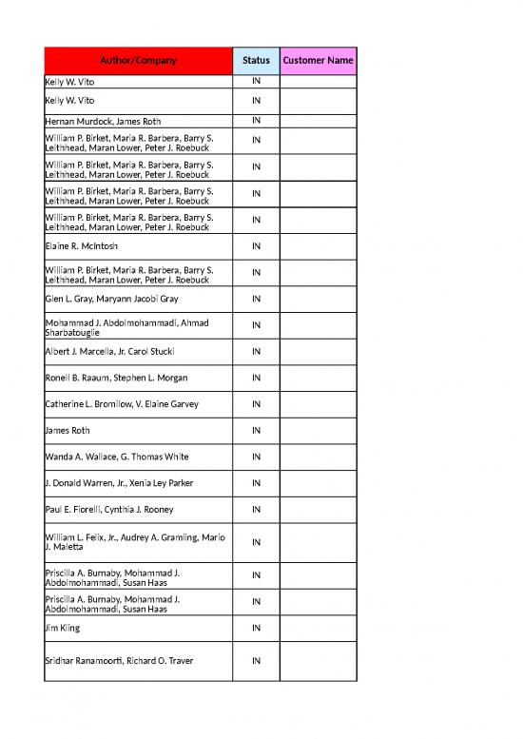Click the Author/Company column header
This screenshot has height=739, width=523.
[139, 61]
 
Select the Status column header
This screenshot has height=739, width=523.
[256, 61]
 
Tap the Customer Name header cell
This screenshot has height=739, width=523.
[318, 61]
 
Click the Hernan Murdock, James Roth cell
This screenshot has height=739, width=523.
[104, 121]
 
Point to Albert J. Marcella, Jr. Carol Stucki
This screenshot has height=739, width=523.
[109, 352]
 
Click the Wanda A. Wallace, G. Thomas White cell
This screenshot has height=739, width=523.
[116, 457]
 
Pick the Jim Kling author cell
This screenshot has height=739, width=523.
[63, 629]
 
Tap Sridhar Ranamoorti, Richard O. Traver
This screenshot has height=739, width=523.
[119, 660]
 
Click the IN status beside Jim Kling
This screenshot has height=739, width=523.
[256, 629]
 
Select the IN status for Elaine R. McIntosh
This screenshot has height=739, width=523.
[256, 246]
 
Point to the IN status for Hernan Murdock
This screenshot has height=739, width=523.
[256, 121]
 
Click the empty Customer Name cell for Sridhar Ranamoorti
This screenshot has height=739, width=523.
[318, 660]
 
